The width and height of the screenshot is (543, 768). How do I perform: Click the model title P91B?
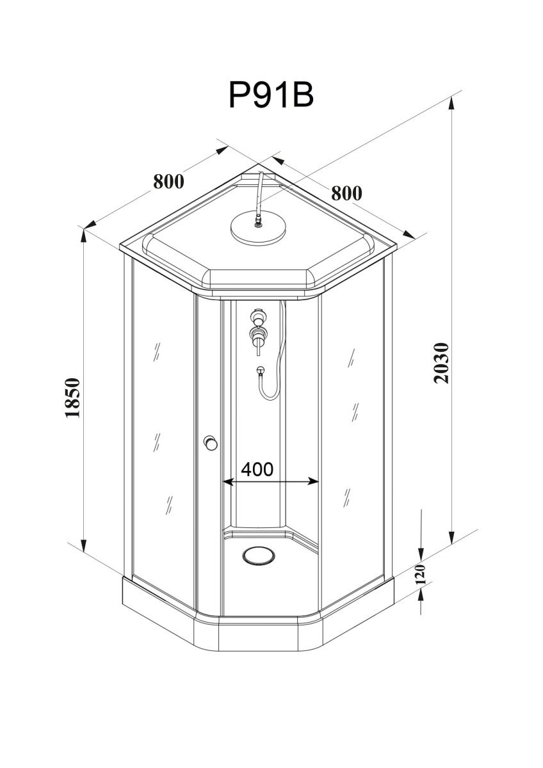[x=271, y=95]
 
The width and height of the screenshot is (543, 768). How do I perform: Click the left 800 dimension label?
[x=168, y=181]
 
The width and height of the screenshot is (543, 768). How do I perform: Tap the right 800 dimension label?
[x=346, y=193]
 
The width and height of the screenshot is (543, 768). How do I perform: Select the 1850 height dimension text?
[x=73, y=397]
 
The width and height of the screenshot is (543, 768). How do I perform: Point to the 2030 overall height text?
[x=441, y=363]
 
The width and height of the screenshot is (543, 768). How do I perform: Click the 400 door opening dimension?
[x=257, y=469]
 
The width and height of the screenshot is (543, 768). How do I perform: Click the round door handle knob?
[x=210, y=443]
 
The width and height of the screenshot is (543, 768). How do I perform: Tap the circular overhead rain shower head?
[x=258, y=228]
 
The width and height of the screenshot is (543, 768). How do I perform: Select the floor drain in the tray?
[x=258, y=555]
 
